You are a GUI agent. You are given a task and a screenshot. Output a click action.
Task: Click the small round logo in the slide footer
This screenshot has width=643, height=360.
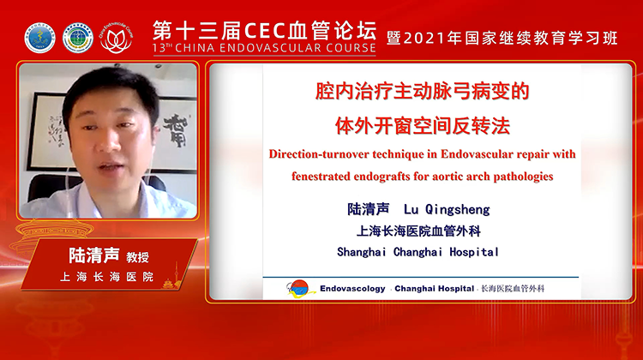301,289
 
